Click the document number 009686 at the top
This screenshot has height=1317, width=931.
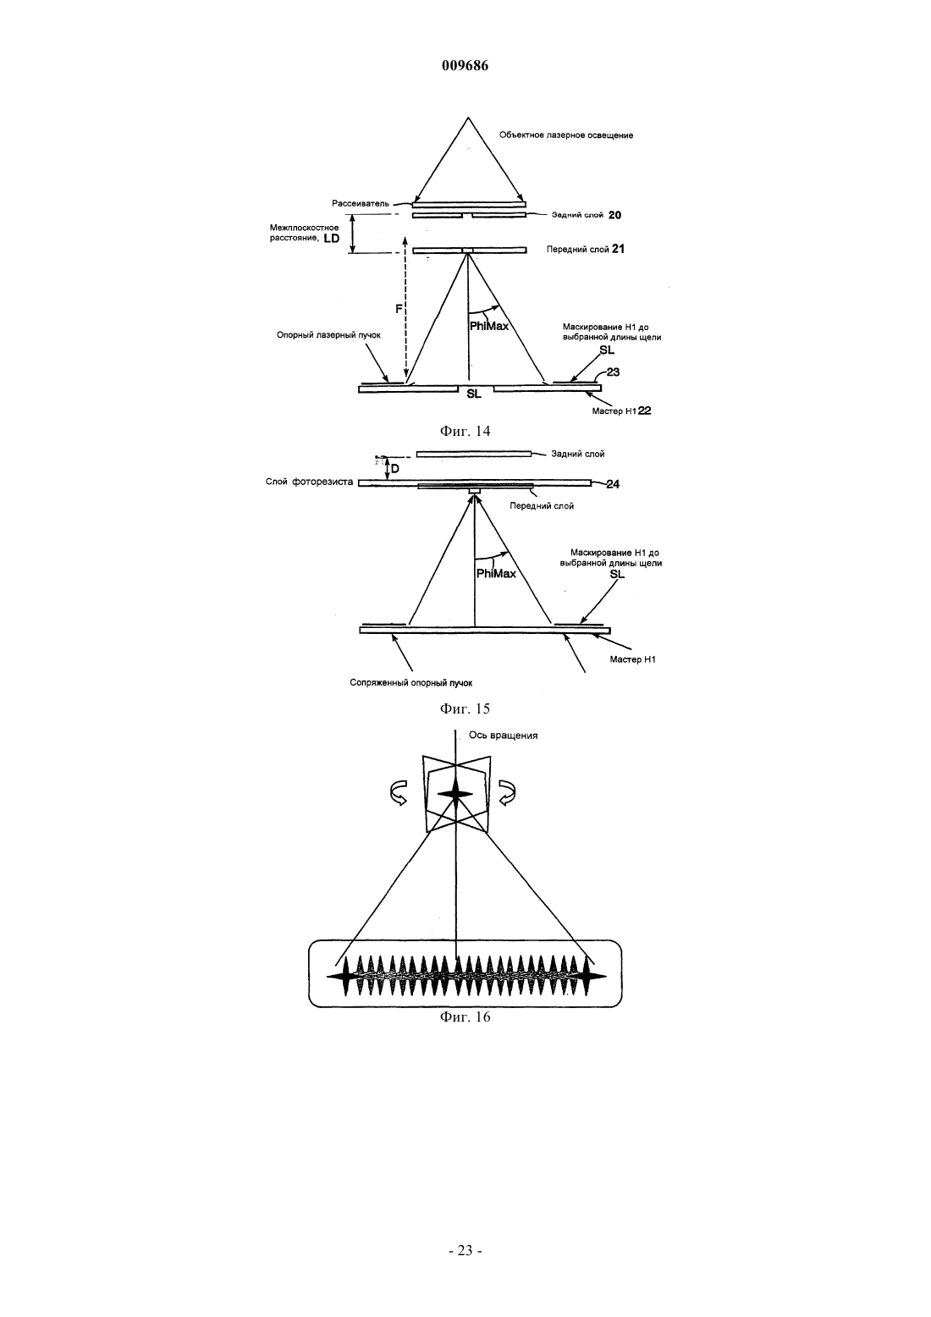[465, 65]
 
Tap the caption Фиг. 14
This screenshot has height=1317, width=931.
[465, 431]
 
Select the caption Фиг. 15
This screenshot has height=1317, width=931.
[465, 708]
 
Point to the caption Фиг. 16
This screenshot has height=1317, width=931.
[465, 1017]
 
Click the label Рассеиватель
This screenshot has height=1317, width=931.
[361, 203]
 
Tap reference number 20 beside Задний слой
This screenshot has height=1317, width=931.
[614, 215]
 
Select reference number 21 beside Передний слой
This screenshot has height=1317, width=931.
[618, 249]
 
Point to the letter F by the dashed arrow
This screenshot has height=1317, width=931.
[399, 308]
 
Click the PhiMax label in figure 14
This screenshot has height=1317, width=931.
[489, 326]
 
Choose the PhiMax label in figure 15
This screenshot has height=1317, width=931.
[496, 573]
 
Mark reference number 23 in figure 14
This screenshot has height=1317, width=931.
[613, 372]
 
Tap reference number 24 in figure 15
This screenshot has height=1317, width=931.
[613, 484]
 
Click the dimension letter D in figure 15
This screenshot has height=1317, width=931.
[395, 469]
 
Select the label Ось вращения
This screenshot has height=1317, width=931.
[503, 735]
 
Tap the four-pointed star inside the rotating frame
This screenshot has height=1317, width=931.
[455, 795]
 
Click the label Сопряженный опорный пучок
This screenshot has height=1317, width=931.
[410, 683]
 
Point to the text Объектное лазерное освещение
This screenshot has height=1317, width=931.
[566, 135]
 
